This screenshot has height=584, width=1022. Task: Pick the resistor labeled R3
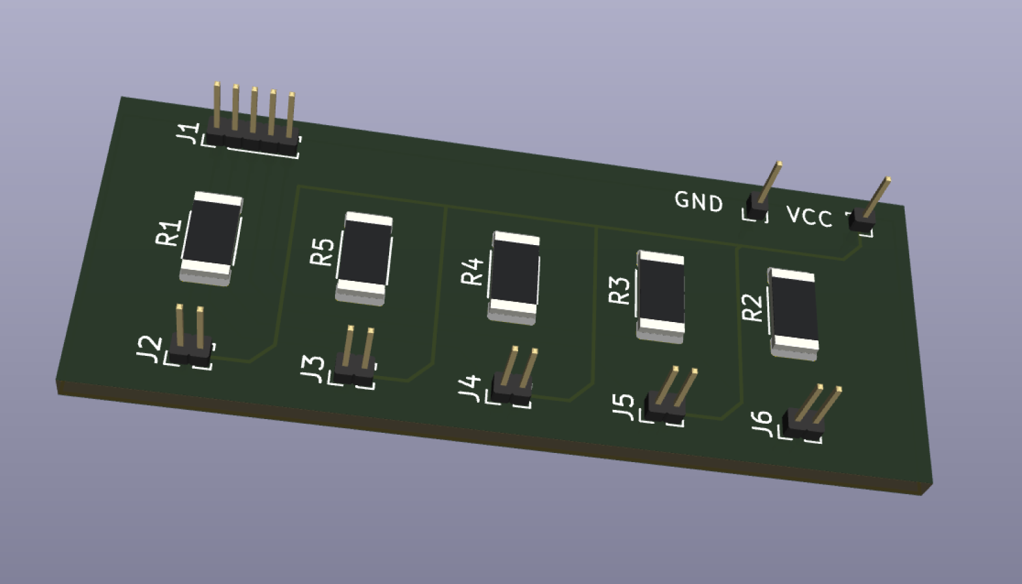point(661,296)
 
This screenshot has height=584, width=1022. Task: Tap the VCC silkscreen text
point(809,216)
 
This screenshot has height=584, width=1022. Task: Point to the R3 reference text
point(620,291)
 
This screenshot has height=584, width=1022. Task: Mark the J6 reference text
point(761,424)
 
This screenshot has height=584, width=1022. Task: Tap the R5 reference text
point(322,252)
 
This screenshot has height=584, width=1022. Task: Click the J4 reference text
point(470,388)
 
